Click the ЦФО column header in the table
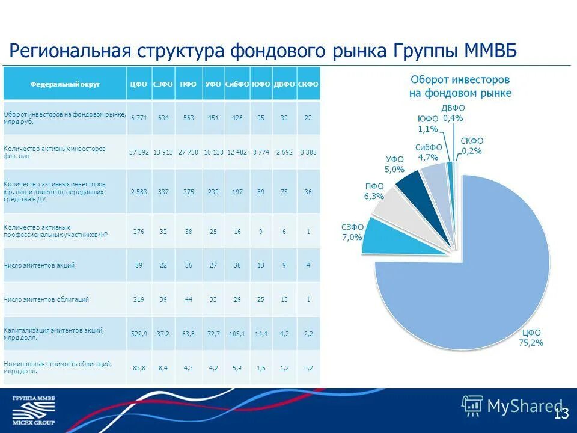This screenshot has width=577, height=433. coord(138,85)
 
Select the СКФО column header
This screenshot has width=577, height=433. coord(308,85)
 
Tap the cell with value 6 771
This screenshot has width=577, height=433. coord(138,118)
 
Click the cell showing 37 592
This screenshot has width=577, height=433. coord(138,152)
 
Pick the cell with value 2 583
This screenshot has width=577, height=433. coord(138,192)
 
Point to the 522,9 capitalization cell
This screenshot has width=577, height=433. coord(138,333)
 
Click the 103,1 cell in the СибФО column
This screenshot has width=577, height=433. coord(237,333)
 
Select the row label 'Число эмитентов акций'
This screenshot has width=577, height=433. coord(39,265)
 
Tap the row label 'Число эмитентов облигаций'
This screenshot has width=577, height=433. coord(46,299)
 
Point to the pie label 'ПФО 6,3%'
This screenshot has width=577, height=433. coord(374,191)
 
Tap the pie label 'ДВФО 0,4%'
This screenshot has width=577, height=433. coord(452,113)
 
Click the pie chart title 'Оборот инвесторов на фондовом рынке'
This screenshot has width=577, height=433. coord(460,86)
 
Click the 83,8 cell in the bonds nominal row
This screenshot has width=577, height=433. coord(138,367)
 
